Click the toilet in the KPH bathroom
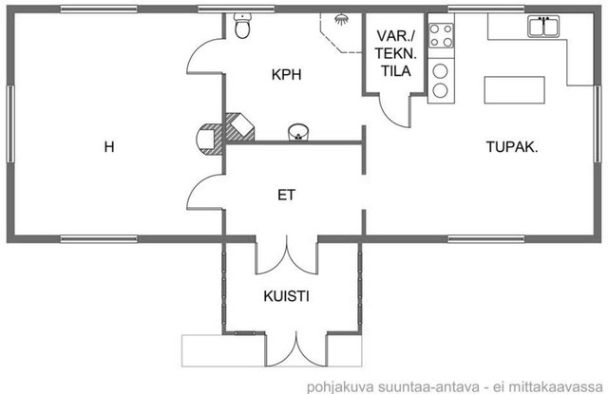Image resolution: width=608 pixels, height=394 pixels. (x=243, y=26)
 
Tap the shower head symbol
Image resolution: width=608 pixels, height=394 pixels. (x=341, y=19)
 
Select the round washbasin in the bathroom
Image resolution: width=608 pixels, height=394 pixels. (x=298, y=132)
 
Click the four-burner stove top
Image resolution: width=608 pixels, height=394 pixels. (x=441, y=36)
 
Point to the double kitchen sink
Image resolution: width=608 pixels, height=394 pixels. (x=543, y=27)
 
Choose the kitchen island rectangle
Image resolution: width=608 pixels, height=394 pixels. (x=515, y=90)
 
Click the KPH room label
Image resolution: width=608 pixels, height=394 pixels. (x=286, y=74)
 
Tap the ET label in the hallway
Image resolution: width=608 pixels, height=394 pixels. (x=286, y=195)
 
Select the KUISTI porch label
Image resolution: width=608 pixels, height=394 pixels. (x=286, y=296)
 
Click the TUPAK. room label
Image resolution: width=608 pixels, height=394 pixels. (x=512, y=147)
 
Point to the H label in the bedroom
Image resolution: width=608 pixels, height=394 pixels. (x=109, y=147)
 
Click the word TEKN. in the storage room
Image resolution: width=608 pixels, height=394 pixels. (x=395, y=53)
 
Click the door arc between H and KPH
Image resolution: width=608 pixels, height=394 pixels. (x=205, y=56)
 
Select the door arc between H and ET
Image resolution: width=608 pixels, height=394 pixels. (x=205, y=192)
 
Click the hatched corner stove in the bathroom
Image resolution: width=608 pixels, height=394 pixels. (x=240, y=126)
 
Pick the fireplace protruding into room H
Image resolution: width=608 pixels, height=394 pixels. (x=209, y=139)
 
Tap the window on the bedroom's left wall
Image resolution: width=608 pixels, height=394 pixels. (x=10, y=124)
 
